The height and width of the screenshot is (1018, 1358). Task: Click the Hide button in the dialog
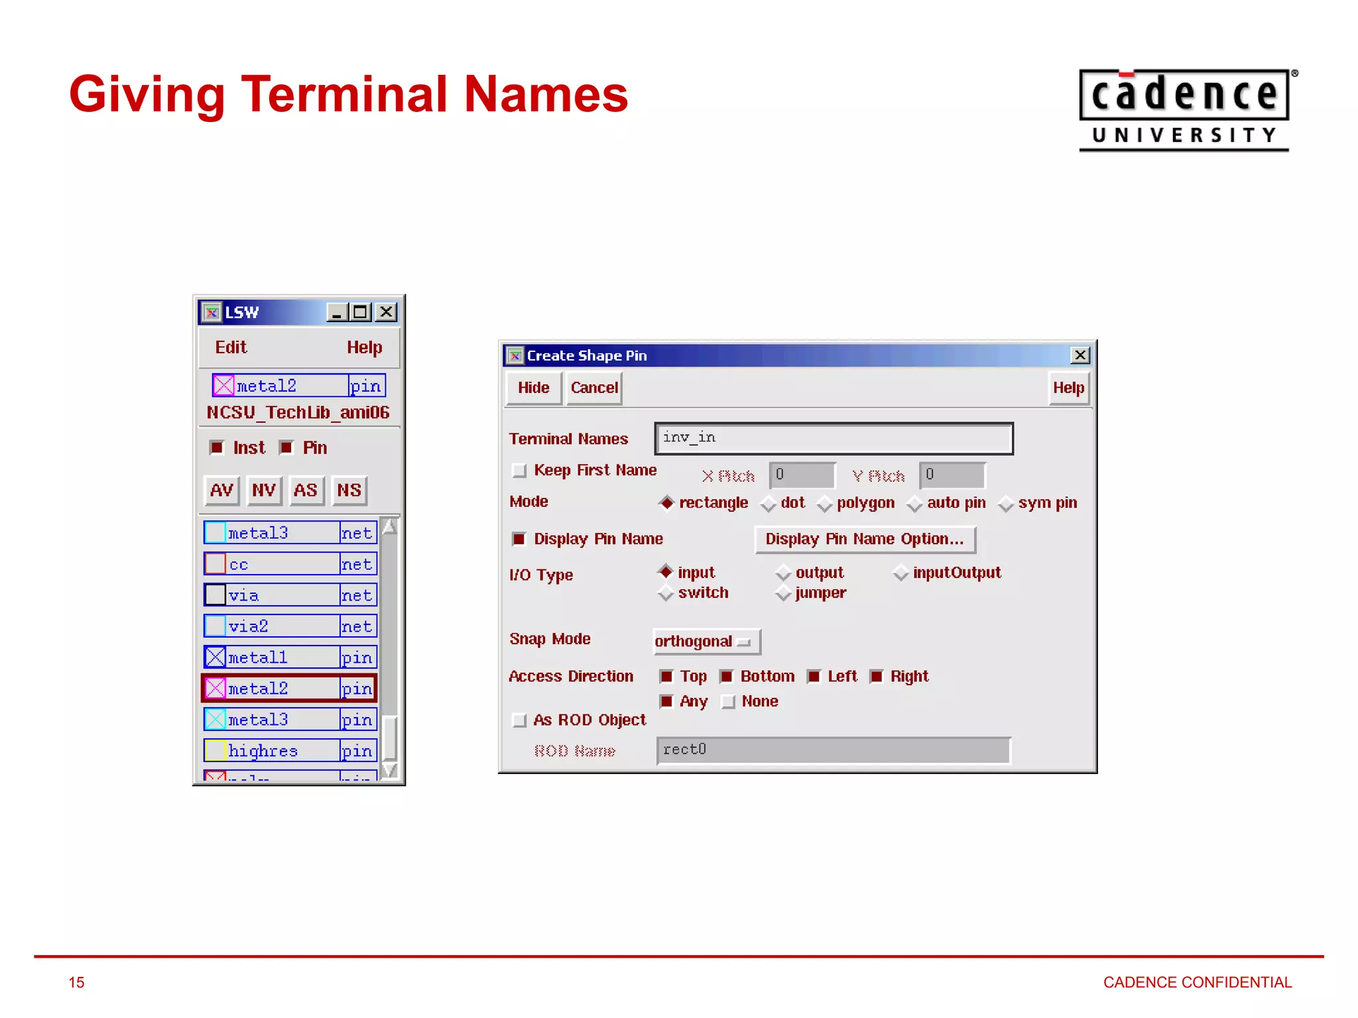[533, 388]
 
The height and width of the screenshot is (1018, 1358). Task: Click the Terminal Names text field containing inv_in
[833, 439]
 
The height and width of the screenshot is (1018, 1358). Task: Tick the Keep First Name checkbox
[520, 471]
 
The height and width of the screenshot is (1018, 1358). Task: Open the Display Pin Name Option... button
[865, 539]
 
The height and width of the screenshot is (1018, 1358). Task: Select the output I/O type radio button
[784, 573]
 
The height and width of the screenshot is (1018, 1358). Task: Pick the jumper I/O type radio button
[784, 593]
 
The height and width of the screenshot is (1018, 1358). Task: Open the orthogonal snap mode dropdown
[706, 642]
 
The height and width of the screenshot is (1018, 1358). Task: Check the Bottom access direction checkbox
[727, 677]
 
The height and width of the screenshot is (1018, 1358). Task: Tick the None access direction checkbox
[728, 702]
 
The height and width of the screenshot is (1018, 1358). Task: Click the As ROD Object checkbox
[520, 720]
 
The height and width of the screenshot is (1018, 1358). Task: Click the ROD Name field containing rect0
[833, 750]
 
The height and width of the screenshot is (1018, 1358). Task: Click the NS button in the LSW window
[349, 490]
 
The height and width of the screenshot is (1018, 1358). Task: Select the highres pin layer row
[290, 751]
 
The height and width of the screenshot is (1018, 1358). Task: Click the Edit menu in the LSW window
[230, 347]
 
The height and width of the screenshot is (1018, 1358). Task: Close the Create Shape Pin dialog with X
[1080, 355]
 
